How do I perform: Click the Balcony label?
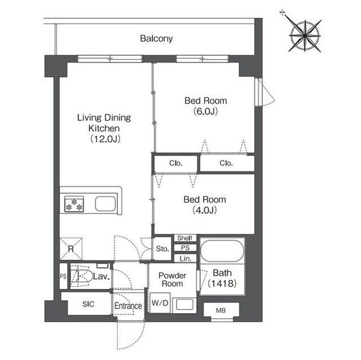[156, 39]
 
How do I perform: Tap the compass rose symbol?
[305, 35]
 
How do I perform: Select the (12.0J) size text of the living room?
[105, 139]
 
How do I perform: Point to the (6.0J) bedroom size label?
[205, 112]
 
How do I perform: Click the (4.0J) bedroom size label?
[205, 210]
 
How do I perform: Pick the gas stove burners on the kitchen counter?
[74, 204]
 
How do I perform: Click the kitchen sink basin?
[105, 204]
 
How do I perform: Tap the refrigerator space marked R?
[71, 248]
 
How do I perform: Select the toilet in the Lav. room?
[80, 275]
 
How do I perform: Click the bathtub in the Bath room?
[222, 251]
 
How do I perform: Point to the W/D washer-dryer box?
[160, 303]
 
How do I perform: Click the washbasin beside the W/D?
[184, 305]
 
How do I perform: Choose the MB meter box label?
[221, 310]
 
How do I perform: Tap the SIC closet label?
[89, 304]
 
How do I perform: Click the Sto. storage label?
[162, 248]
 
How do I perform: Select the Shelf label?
[185, 238]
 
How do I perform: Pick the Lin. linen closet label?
[186, 259]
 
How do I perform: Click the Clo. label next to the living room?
[176, 163]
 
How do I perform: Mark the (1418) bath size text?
[222, 283]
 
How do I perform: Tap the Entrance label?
[128, 306]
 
